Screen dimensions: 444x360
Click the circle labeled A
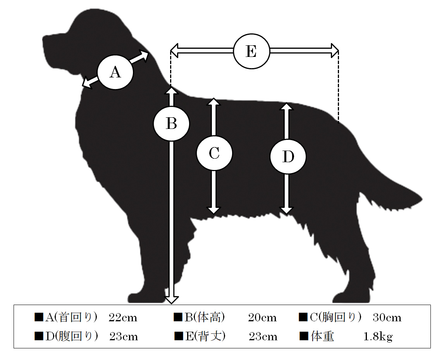click(115, 72)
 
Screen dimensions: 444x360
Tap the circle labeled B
click(171, 124)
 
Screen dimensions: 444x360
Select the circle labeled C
click(214, 153)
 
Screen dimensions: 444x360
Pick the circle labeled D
click(288, 156)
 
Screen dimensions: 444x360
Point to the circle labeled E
click(251, 51)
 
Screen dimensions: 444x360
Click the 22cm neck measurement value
click(123, 317)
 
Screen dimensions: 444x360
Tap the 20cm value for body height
click(263, 317)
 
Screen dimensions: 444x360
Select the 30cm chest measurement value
click(387, 317)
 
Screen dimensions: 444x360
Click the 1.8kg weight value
click(378, 336)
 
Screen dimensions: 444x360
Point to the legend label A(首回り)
click(71, 317)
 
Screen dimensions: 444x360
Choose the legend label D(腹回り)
click(72, 336)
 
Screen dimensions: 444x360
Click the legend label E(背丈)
click(205, 336)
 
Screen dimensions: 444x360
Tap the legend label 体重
click(322, 336)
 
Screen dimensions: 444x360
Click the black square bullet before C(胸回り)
click(303, 317)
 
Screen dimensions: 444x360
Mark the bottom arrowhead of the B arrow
click(172, 300)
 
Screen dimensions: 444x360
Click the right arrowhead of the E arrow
click(335, 51)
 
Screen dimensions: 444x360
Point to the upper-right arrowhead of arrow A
click(144, 55)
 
